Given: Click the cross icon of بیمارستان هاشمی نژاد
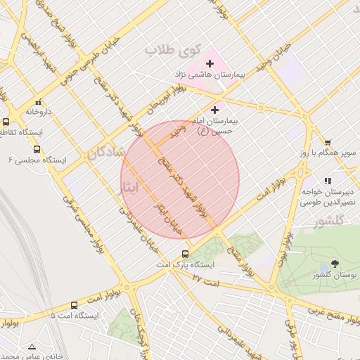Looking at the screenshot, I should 210,64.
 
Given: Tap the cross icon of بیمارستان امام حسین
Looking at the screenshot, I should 214,110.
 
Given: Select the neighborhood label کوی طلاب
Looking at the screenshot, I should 173,50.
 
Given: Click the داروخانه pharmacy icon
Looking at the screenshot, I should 38,102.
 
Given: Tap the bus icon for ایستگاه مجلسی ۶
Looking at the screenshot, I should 37,149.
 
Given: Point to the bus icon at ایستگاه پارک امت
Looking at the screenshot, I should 185,254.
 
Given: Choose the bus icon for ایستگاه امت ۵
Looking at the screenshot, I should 75,305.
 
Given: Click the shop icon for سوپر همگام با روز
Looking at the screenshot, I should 328,143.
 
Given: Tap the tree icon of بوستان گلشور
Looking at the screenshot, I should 333,265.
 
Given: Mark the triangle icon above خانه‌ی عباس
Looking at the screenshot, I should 31,347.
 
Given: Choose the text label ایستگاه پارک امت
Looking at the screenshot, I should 185,266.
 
